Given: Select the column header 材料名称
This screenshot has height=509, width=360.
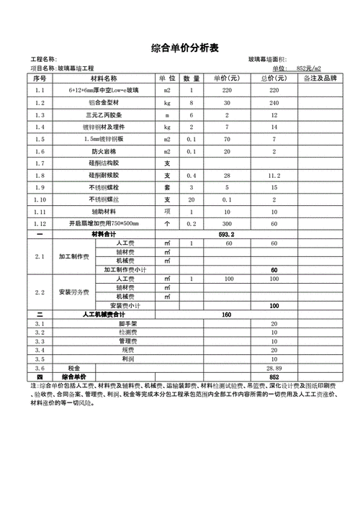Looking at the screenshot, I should pyautogui.click(x=104, y=78).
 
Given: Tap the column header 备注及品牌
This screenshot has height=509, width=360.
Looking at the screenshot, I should pyautogui.click(x=320, y=78).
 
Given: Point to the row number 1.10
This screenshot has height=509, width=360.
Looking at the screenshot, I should pyautogui.click(x=40, y=199).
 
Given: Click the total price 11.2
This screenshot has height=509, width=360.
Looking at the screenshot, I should pyautogui.click(x=274, y=175).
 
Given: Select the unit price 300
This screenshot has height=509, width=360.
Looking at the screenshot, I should pyautogui.click(x=228, y=223).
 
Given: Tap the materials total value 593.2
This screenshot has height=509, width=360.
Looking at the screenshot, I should pyautogui.click(x=228, y=234).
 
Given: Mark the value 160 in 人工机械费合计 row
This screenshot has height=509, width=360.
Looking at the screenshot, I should pyautogui.click(x=228, y=315).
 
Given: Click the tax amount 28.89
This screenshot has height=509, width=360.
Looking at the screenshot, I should pyautogui.click(x=274, y=367).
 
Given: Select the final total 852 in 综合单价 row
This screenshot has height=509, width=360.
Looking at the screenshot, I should pyautogui.click(x=274, y=377).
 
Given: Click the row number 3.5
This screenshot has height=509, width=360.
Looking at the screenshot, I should pyautogui.click(x=40, y=358).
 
